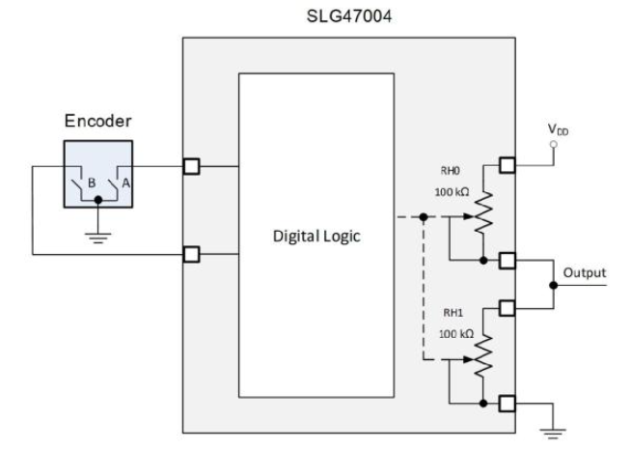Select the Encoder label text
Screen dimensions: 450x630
click(x=96, y=123)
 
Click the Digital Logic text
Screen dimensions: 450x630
click(x=316, y=237)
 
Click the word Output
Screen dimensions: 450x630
click(x=586, y=272)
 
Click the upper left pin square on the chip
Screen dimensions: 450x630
click(x=192, y=166)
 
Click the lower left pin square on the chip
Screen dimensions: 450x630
click(x=192, y=255)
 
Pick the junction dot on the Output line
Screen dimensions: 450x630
click(x=552, y=285)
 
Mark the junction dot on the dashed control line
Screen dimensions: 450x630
click(x=424, y=217)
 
